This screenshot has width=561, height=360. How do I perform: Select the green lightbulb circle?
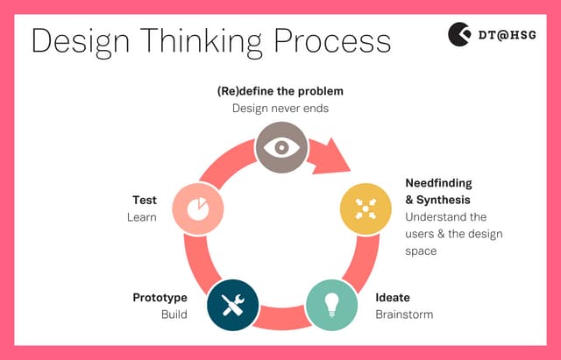tap(332, 304)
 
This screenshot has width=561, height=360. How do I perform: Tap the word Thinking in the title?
tap(202, 40)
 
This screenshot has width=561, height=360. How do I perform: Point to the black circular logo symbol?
tap(459, 35)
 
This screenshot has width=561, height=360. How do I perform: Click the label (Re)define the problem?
tap(280, 91)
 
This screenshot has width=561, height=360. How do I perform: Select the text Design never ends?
tap(280, 109)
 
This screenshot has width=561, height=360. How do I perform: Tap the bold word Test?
tap(144, 201)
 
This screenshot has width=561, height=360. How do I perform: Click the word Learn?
tap(141, 217)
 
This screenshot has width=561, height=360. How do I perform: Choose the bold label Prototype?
tap(160, 298)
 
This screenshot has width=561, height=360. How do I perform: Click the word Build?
tap(174, 314)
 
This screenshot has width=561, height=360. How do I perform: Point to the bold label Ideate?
tap(393, 298)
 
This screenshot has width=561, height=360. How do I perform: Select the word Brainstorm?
tap(404, 314)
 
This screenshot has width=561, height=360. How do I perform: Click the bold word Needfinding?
tap(438, 183)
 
